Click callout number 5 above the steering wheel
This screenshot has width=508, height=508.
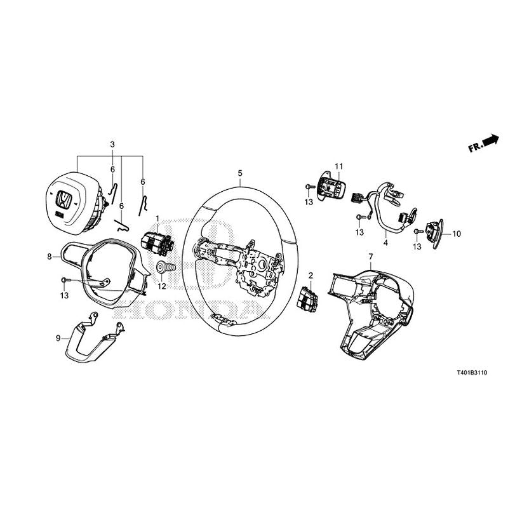point(240,173)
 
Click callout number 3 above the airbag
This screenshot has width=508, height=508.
point(112,145)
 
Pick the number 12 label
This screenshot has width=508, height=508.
point(162,286)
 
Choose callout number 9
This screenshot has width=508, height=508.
point(58,338)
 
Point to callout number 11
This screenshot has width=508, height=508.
point(338,166)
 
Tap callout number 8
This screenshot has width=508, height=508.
point(49,257)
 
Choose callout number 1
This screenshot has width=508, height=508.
point(158,219)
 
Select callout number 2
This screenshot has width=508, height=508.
point(311,276)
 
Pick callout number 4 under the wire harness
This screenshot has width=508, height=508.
point(385,242)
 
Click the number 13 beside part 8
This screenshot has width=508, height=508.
point(64,295)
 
